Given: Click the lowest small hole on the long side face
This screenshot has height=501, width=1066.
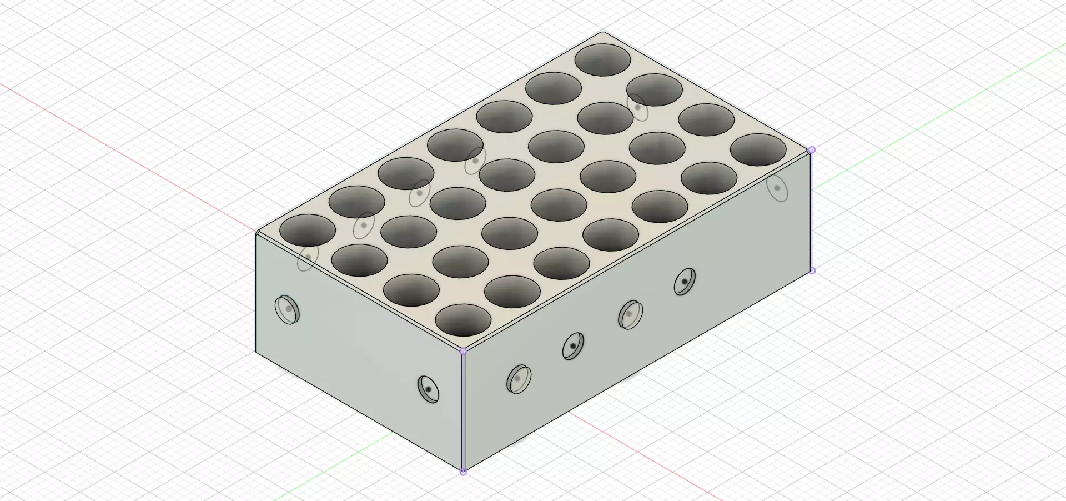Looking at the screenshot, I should (519, 379).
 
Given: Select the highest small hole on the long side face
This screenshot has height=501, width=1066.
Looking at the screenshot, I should (685, 282).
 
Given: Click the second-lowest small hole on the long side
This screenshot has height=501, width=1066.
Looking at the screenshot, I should (573, 346).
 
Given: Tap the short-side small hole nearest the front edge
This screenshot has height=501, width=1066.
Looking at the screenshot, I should (428, 389).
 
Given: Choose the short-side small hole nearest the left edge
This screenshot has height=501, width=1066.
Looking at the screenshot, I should (288, 309).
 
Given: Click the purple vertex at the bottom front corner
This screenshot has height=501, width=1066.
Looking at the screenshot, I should (464, 472).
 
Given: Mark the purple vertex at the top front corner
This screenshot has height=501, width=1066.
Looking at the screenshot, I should (464, 351).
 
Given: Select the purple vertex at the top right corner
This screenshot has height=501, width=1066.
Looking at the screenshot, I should (812, 150).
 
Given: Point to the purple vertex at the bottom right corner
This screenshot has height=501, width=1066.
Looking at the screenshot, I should (812, 270).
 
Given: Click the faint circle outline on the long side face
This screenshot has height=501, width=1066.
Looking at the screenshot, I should (777, 188).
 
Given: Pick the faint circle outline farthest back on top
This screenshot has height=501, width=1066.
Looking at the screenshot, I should (638, 107).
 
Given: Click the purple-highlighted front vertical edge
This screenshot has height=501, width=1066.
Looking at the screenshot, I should (463, 411).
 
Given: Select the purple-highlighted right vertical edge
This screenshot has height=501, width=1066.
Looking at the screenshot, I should (812, 211).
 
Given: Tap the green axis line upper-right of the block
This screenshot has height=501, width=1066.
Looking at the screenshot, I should (944, 100).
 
